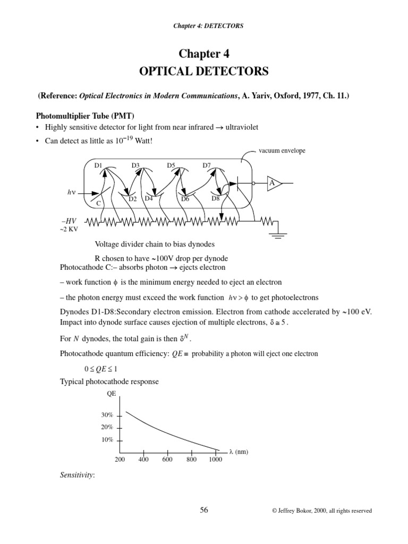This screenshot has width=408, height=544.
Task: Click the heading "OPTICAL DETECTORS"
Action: (x=204, y=71)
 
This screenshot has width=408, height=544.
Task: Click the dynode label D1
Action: (x=98, y=165)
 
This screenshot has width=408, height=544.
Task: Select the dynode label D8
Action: (x=216, y=198)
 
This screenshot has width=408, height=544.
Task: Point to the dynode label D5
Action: (x=171, y=165)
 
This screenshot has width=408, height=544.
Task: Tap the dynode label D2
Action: (x=133, y=199)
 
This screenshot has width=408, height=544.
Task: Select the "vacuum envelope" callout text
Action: (x=282, y=151)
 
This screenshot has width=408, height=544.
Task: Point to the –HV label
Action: (x=70, y=220)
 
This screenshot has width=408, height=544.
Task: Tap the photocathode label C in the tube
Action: (x=98, y=203)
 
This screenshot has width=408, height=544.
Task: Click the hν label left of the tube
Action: (x=71, y=193)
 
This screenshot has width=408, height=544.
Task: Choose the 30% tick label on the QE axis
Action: (x=107, y=414)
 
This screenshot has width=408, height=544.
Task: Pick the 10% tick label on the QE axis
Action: (x=107, y=440)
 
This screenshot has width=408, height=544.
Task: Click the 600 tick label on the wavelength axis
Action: (x=167, y=460)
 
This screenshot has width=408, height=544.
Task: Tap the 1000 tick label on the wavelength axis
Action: (x=215, y=460)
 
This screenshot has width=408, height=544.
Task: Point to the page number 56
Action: (x=204, y=510)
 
